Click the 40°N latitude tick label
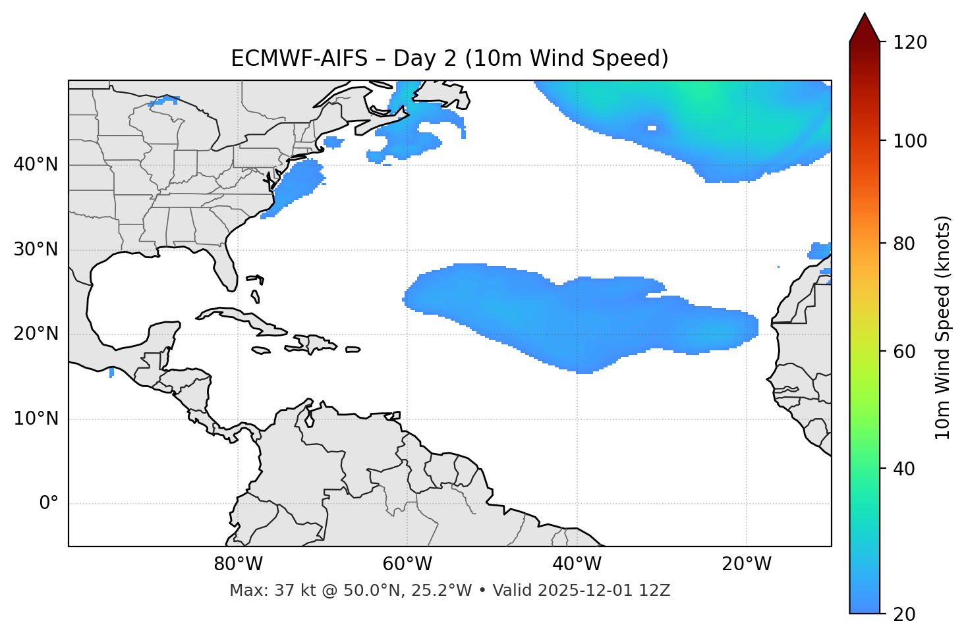tap(36, 165)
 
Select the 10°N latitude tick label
tap(36, 419)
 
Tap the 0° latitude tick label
tap(48, 504)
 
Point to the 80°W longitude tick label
tap(238, 564)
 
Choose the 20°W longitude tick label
tap(747, 564)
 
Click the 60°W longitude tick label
tap(407, 564)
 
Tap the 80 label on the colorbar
tap(907, 244)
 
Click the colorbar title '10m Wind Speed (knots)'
tap(943, 327)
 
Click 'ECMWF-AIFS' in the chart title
tap(298, 59)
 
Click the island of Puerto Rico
tap(353, 350)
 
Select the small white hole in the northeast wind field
tap(652, 128)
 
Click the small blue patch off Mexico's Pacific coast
tap(111, 373)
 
